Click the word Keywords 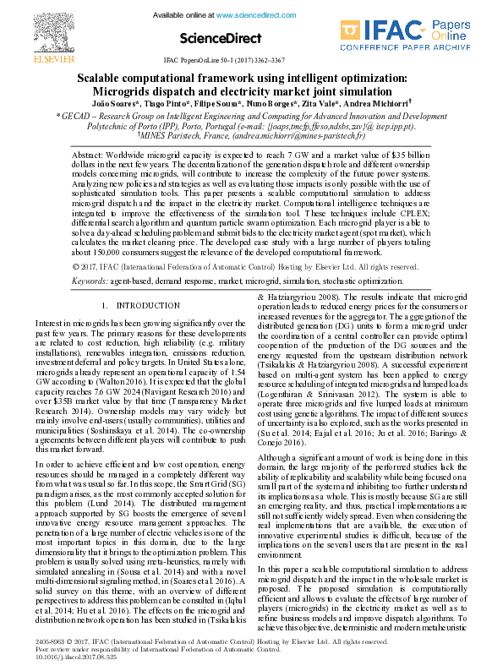pyautogui.click(x=89, y=278)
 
